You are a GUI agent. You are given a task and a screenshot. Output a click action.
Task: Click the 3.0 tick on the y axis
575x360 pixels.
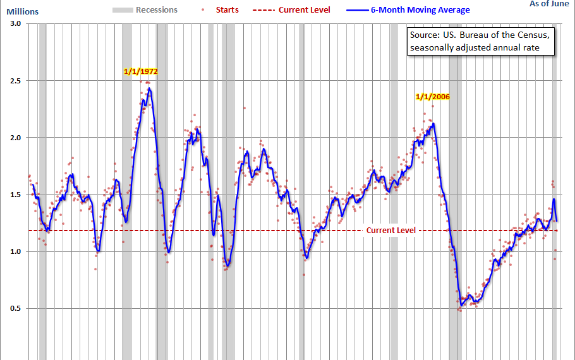15,23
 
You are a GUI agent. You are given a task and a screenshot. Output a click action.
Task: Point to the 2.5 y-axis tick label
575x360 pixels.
15,81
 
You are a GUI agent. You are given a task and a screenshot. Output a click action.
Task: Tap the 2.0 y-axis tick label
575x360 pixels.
15,138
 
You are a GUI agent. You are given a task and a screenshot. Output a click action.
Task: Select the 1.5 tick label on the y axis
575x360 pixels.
15,195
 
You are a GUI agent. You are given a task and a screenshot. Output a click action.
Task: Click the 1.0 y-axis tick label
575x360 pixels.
15,251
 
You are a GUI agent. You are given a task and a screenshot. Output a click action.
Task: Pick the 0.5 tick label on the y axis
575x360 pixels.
15,308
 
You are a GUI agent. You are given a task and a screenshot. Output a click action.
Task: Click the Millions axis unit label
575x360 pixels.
22,11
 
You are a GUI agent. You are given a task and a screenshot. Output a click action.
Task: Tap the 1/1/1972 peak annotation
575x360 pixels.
140,71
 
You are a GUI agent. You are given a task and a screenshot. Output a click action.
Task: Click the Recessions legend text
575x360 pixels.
157,10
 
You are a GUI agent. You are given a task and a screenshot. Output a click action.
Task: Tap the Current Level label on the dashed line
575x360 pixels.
391,231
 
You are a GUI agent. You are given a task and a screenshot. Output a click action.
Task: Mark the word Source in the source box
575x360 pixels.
425,35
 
